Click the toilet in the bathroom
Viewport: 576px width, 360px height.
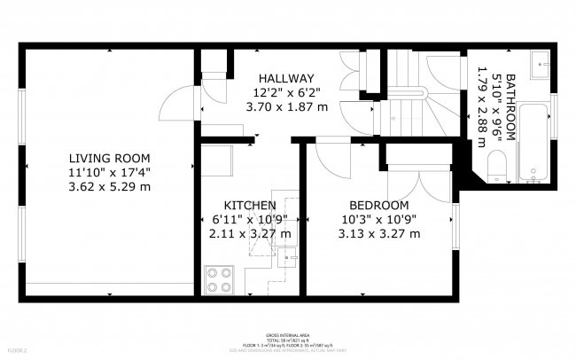[x=498, y=164]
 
